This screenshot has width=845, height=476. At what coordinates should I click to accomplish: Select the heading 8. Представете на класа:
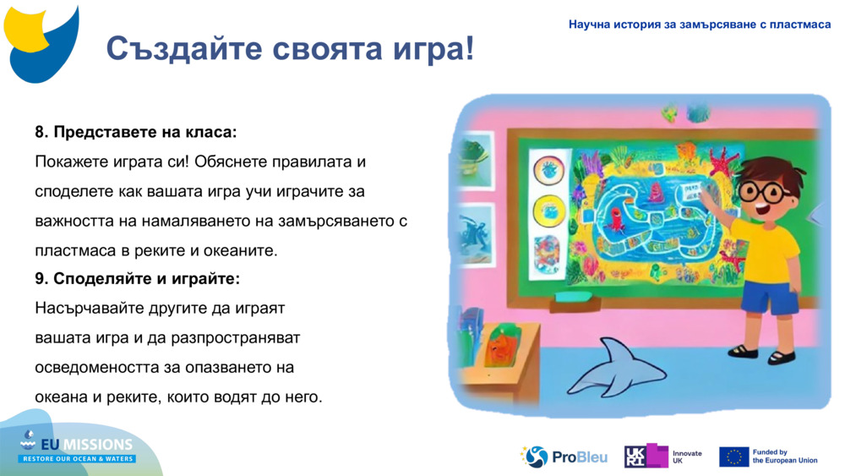point(135,133)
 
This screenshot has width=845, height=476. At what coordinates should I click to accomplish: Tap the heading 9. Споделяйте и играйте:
point(137,279)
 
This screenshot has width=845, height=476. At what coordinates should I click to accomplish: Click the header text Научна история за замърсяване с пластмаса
point(700,25)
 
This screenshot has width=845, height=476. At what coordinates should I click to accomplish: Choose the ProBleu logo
point(564,457)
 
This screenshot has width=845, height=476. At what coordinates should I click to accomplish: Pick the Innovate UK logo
point(663,457)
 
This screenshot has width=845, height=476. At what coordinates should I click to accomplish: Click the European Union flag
point(733,457)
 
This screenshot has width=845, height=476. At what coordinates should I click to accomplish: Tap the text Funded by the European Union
point(785,457)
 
